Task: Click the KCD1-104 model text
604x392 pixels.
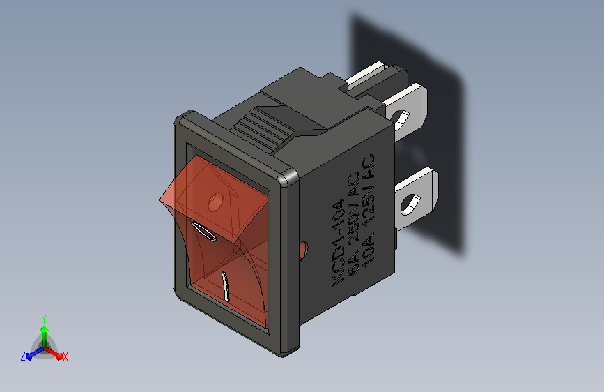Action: [x=337, y=242]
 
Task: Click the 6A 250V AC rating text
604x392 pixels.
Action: [x=354, y=223]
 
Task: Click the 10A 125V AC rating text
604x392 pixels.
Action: [x=369, y=209]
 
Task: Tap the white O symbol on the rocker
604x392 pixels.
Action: [x=204, y=232]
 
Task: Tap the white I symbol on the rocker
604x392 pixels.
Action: [x=225, y=286]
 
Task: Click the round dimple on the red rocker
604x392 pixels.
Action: [x=215, y=202]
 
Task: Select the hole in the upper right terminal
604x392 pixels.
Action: [x=401, y=119]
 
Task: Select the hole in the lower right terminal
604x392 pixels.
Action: [x=410, y=204]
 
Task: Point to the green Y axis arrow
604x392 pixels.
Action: [x=45, y=336]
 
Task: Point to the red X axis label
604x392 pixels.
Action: [x=65, y=357]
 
